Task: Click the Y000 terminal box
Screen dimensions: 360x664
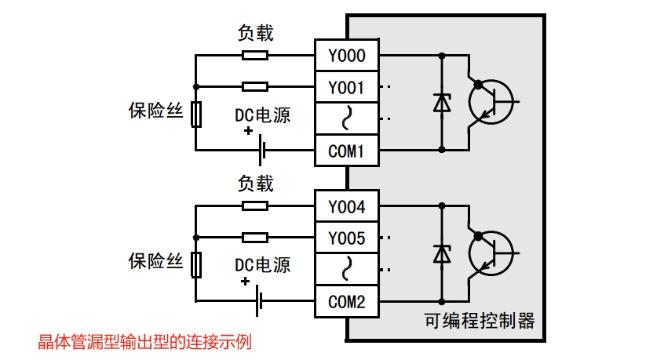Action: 346,56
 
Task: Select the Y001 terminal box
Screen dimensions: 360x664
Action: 346,87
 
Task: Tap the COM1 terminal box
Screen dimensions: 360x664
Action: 346,149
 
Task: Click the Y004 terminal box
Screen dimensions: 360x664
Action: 346,207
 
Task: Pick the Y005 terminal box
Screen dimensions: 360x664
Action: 346,238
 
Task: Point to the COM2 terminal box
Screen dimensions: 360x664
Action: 346,300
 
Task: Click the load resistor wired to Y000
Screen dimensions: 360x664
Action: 254,56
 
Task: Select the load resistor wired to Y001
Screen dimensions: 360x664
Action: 254,86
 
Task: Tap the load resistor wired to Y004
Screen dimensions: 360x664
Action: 254,206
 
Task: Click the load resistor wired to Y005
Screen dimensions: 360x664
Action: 254,237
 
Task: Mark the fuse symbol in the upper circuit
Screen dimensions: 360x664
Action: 196,115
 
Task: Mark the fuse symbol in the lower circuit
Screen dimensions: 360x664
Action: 196,265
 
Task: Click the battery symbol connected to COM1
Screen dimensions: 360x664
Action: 261,149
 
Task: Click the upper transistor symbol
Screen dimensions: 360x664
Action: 491,102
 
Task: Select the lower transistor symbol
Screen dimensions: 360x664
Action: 491,253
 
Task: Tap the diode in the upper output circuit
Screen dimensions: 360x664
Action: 442,103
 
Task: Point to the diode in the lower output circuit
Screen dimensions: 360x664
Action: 442,253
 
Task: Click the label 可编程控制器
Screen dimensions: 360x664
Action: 479,321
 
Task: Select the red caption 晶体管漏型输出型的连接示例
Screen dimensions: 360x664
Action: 144,342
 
